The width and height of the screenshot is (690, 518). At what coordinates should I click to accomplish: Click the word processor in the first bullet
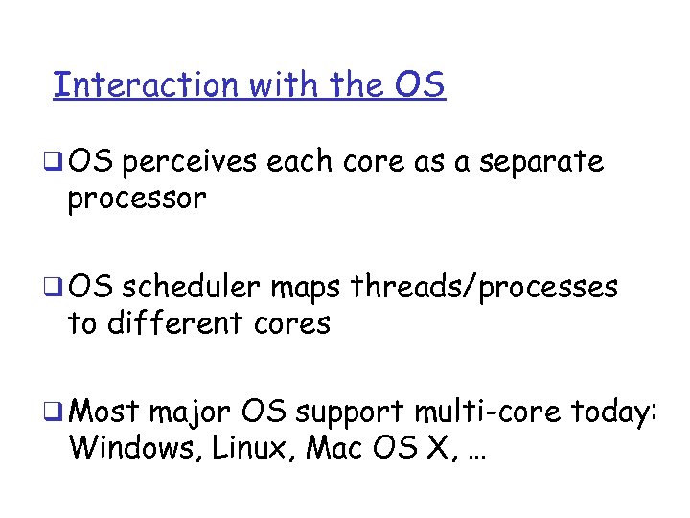137,200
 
